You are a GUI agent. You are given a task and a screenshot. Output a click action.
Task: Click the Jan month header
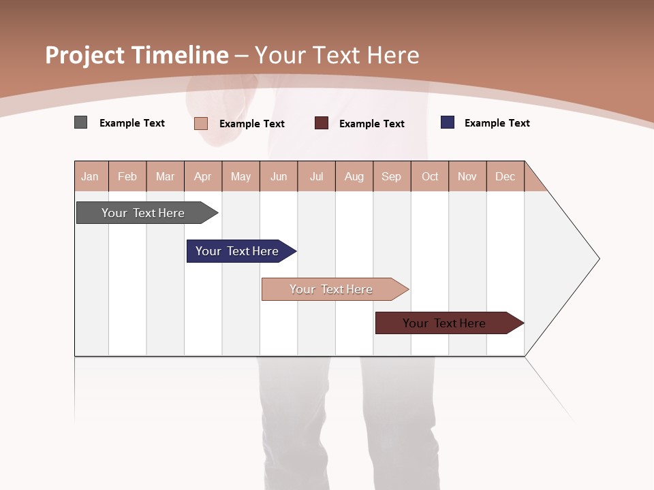90,177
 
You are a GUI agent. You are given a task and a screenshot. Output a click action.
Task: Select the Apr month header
203,177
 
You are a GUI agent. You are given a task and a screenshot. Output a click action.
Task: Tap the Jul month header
316,177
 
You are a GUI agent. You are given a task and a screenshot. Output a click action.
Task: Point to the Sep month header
391,177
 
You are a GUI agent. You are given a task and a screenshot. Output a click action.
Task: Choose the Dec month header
505,177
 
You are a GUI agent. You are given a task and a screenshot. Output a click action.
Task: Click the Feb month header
127,177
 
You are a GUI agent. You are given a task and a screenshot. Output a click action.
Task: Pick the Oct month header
430,177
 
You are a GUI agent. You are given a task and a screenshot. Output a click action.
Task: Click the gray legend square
81,122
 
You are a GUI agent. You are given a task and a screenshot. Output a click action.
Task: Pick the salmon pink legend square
201,123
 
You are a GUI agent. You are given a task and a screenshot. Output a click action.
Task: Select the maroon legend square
322,123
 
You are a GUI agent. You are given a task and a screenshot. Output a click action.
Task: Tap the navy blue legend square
448,122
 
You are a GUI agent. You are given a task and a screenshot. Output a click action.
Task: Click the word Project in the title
86,55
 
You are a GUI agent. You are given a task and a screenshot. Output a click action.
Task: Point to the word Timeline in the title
181,55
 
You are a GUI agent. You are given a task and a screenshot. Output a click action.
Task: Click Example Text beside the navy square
497,123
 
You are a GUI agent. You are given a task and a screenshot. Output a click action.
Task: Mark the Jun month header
279,177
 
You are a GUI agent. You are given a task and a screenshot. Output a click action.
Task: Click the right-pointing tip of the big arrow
597,259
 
